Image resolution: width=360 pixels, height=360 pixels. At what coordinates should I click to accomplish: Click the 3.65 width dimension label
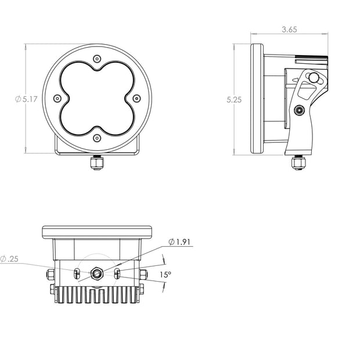point(289,30)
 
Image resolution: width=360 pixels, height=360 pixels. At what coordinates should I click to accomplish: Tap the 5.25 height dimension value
point(234,100)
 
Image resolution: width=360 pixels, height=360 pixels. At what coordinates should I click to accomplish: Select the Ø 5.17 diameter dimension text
point(26,99)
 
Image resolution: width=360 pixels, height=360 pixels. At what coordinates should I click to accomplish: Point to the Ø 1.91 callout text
point(179,242)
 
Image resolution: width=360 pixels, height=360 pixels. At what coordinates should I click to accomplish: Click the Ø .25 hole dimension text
point(9,259)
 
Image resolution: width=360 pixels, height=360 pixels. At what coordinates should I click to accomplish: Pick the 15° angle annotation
point(165,275)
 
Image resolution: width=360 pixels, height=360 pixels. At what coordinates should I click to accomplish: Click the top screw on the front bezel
point(97,59)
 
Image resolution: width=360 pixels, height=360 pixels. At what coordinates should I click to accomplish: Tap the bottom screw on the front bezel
point(97,138)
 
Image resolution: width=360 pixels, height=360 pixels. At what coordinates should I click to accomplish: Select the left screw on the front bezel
point(57,99)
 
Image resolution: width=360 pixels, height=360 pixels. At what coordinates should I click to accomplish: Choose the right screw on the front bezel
point(137,99)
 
